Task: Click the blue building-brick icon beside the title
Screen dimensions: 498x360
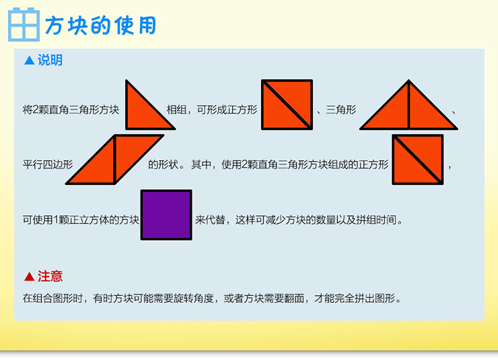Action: (x=24, y=25)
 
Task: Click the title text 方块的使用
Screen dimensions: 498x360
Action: (x=100, y=26)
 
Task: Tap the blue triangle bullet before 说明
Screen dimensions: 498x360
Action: (x=29, y=60)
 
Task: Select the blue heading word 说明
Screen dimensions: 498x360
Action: (x=50, y=60)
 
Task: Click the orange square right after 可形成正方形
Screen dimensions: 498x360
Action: (x=287, y=105)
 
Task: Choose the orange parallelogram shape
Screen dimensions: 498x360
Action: (x=115, y=159)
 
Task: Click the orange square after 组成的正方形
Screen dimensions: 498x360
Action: (x=418, y=159)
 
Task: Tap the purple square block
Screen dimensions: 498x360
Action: (x=166, y=215)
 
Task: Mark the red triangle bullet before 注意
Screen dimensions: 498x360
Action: (x=29, y=276)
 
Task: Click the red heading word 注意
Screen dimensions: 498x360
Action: (x=50, y=276)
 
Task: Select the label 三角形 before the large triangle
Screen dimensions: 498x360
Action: (x=341, y=110)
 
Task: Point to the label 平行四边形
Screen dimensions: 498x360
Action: (x=48, y=164)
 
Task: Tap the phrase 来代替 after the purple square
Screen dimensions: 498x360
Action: (x=210, y=219)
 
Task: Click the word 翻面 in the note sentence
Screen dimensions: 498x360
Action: (x=294, y=298)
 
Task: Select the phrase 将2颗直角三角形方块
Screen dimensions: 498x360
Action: (x=71, y=110)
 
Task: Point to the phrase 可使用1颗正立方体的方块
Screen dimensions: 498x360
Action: (x=81, y=219)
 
